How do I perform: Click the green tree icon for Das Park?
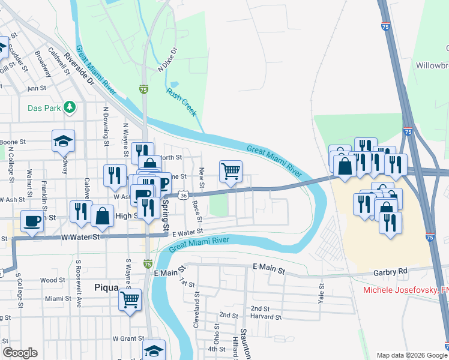(70, 107)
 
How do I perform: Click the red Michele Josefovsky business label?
(406, 290)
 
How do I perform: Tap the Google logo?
(20, 353)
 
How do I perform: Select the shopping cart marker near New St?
(231, 171)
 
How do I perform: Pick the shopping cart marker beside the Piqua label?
(130, 299)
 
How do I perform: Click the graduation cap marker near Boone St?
(63, 140)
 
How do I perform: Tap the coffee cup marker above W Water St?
(32, 221)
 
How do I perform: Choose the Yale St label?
(322, 294)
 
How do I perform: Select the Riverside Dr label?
(79, 68)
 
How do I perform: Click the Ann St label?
(37, 88)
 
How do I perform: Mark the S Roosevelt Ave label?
(79, 290)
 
